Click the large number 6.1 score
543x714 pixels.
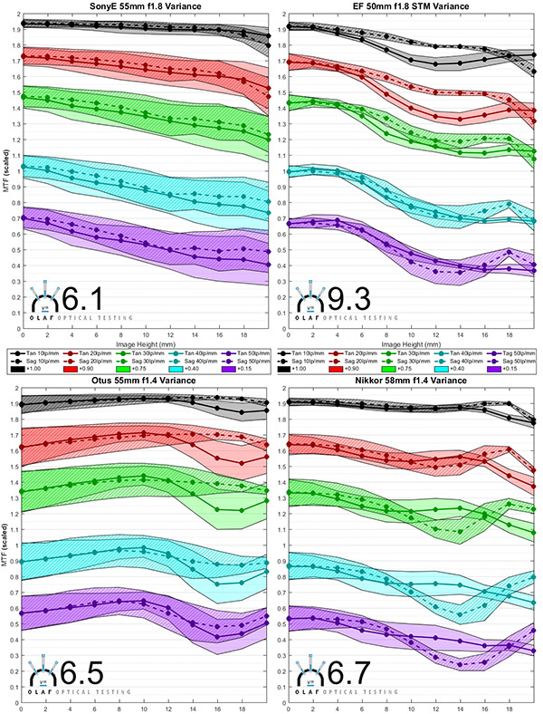82,297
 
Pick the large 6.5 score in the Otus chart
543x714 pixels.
82,675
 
